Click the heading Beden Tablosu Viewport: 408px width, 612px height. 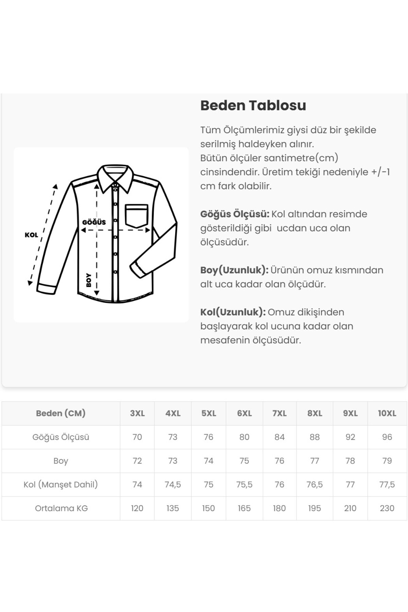click(253, 105)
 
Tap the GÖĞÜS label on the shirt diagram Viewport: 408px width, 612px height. click(94, 222)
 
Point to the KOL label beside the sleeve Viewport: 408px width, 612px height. click(31, 235)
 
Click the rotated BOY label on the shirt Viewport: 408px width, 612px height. click(89, 280)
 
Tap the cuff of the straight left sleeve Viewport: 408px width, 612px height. click(46, 288)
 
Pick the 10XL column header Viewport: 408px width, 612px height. click(387, 413)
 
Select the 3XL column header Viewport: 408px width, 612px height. click(137, 413)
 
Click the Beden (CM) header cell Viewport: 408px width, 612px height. click(61, 413)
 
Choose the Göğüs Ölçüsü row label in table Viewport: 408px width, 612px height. click(61, 437)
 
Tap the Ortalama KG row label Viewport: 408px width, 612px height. click(61, 508)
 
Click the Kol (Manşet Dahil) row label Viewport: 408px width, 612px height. click(61, 485)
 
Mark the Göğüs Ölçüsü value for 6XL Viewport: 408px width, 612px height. click(244, 437)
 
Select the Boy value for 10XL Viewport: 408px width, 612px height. click(387, 461)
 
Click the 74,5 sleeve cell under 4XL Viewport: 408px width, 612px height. click(173, 485)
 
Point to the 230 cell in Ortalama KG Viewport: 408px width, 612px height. click(387, 508)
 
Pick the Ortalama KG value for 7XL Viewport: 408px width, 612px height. click(279, 508)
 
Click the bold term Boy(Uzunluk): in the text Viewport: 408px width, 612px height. click(234, 270)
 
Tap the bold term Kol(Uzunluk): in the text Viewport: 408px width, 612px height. click(233, 312)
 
